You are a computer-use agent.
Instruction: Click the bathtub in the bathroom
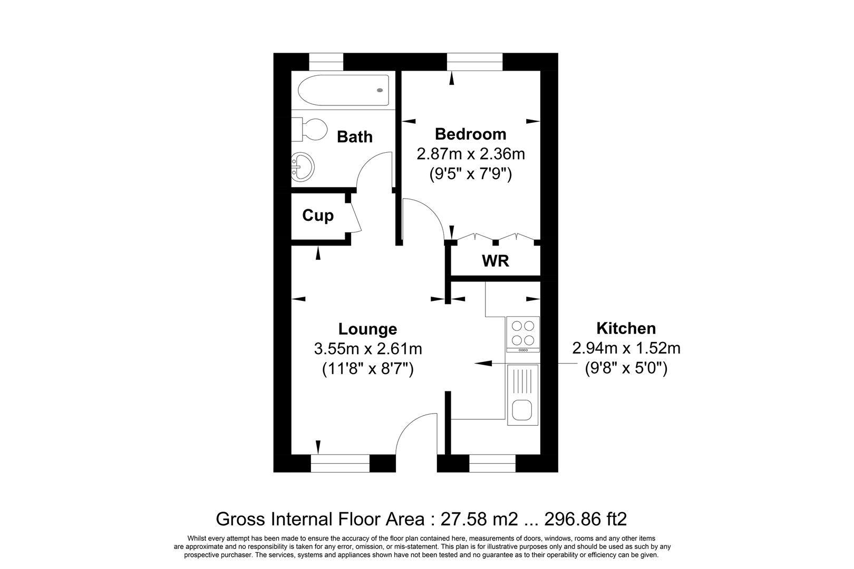pyautogui.click(x=343, y=90)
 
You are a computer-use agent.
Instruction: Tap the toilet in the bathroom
pyautogui.click(x=311, y=129)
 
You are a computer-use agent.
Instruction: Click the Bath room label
pyautogui.click(x=354, y=137)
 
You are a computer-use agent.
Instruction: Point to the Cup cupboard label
pyautogui.click(x=317, y=215)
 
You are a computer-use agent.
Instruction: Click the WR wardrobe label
pyautogui.click(x=495, y=261)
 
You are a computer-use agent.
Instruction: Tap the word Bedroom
pyautogui.click(x=470, y=134)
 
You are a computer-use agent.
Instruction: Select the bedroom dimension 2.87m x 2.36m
pyautogui.click(x=470, y=154)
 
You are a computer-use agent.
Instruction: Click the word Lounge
pyautogui.click(x=367, y=329)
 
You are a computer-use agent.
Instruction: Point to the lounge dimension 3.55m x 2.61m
pyautogui.click(x=367, y=348)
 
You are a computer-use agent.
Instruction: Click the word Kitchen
pyautogui.click(x=626, y=328)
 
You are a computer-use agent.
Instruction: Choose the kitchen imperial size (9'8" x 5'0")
pyautogui.click(x=626, y=368)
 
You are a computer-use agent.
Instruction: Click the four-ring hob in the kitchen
pyautogui.click(x=522, y=332)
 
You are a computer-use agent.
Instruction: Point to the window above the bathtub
pyautogui.click(x=326, y=62)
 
